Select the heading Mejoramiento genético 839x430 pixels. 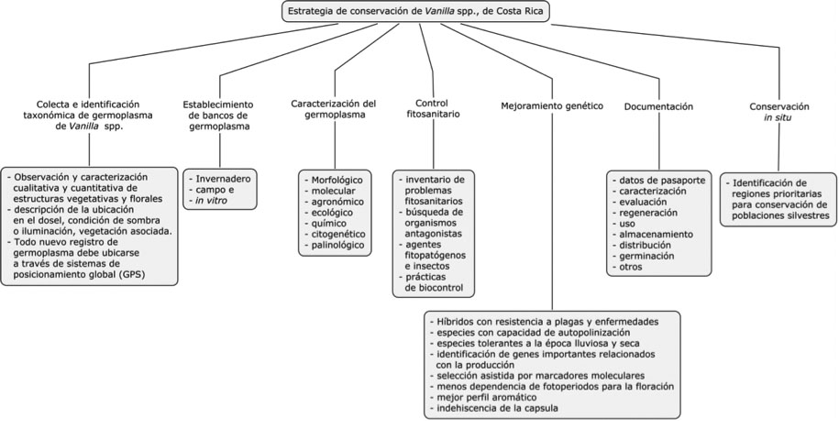[551, 106]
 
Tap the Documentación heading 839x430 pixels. [658, 107]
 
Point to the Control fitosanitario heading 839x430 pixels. [431, 108]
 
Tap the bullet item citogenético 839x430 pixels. [336, 234]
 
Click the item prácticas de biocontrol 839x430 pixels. [433, 282]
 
